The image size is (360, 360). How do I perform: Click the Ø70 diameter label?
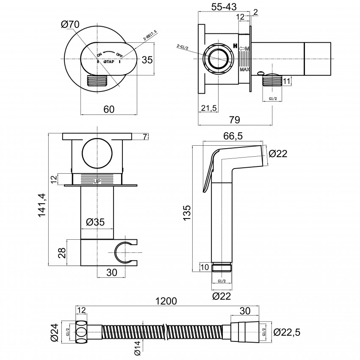[x=70, y=25]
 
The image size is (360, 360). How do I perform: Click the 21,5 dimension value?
[x=208, y=108]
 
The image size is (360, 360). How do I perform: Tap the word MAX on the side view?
[x=244, y=69]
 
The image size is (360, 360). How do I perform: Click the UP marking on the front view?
[x=97, y=181]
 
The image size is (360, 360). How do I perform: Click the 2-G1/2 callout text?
[x=182, y=46]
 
